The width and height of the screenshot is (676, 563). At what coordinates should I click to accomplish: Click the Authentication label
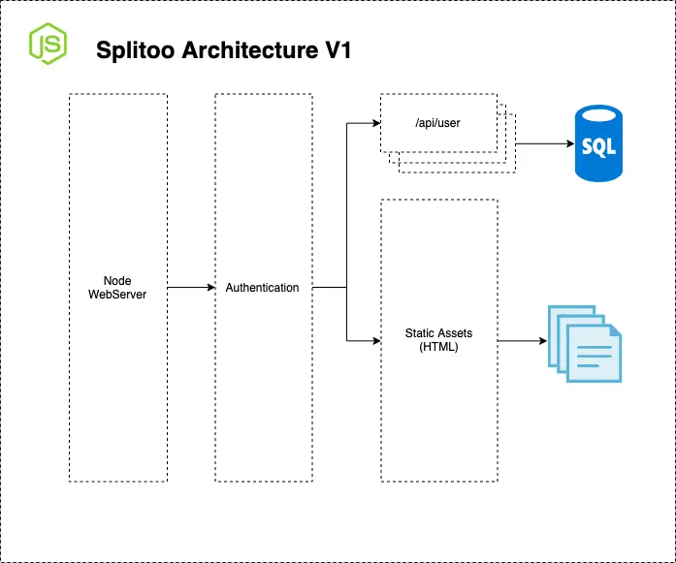pos(262,288)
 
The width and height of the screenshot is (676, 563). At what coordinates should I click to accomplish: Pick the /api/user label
pos(438,122)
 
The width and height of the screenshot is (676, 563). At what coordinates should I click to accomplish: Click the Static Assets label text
pos(438,333)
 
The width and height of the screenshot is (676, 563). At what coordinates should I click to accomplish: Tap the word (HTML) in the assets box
pos(438,346)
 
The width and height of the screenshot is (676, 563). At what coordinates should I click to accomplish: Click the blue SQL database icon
pos(598,144)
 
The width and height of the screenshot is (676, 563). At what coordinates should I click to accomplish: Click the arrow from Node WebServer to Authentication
pos(190,288)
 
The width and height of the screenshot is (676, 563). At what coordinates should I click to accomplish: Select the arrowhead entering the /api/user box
pos(374,123)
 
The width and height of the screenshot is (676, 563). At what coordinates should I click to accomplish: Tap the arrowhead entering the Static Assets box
pos(374,340)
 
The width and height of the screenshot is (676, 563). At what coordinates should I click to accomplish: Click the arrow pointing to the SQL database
pos(543,144)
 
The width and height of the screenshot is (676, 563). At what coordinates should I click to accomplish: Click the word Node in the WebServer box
pos(117,280)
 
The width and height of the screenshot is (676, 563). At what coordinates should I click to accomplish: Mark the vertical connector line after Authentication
pos(347,233)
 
